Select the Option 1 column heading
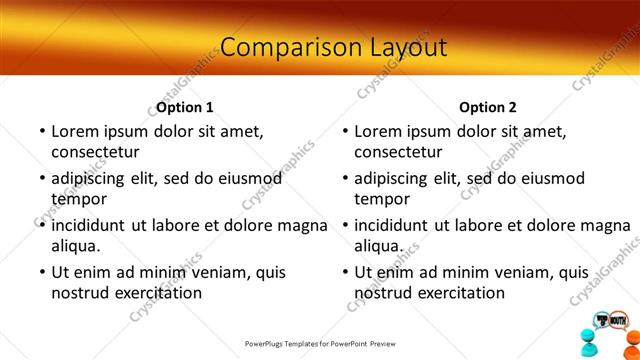(x=185, y=107)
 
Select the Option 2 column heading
(x=488, y=107)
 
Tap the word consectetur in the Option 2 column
(x=398, y=152)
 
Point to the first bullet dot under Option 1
(x=42, y=132)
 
